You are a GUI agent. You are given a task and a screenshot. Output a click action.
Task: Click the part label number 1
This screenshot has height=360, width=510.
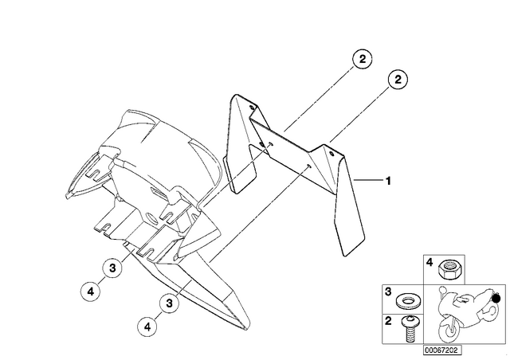[388, 181]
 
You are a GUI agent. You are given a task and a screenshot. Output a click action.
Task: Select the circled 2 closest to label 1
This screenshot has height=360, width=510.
[398, 80]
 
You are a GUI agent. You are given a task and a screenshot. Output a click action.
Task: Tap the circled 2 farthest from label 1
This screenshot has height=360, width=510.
[362, 59]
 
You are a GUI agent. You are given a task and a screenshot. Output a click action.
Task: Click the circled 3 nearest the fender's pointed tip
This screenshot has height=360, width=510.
[170, 303]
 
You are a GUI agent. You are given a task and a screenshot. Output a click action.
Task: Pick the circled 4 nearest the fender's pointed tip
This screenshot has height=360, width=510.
[147, 327]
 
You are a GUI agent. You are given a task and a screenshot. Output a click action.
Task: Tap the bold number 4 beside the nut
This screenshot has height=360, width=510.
[430, 263]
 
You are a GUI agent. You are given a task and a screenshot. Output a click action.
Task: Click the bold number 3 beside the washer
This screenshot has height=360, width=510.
[388, 292]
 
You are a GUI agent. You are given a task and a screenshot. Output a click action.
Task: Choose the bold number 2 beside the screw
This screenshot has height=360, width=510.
[388, 321]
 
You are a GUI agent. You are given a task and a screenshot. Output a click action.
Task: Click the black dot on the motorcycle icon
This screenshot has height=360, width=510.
[496, 298]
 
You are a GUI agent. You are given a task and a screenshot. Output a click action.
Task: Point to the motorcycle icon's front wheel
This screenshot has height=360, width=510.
[449, 329]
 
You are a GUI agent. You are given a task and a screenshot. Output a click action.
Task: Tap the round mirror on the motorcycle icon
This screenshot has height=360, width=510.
[442, 289]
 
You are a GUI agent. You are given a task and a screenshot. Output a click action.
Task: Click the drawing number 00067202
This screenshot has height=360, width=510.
[442, 350]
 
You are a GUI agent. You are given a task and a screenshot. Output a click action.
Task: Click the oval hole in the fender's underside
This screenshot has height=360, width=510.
[151, 217]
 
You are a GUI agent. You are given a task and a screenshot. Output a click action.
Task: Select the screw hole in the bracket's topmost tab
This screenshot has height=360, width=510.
[252, 107]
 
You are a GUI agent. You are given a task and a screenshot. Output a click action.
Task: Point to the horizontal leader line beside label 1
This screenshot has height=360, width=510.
[368, 179]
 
